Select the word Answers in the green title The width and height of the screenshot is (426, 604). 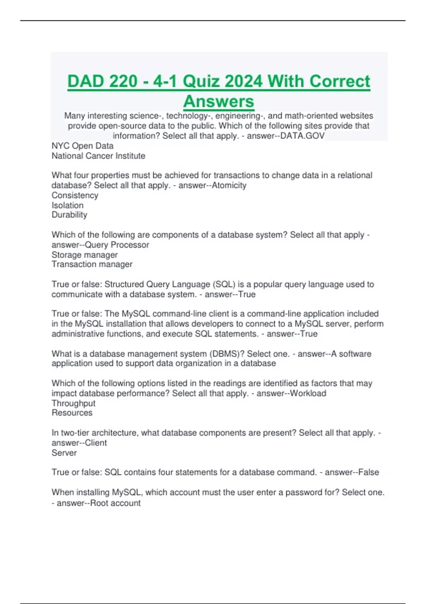coord(219,101)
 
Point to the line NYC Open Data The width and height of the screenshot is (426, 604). coord(82,146)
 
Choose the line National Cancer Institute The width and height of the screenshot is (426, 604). coord(98,156)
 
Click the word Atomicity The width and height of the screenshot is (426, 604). coord(229,185)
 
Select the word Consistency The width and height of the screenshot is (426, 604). coord(75,195)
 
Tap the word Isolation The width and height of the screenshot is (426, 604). coord(67,205)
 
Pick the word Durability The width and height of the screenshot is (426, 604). coord(69,215)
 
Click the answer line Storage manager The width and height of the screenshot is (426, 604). coord(84,255)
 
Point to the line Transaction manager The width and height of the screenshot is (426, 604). coord(92,264)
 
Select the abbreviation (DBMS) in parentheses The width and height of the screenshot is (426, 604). coord(227,354)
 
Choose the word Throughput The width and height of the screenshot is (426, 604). coord(73,403)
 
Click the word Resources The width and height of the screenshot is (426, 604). coord(72,412)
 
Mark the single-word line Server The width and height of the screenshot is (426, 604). coord(64,453)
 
